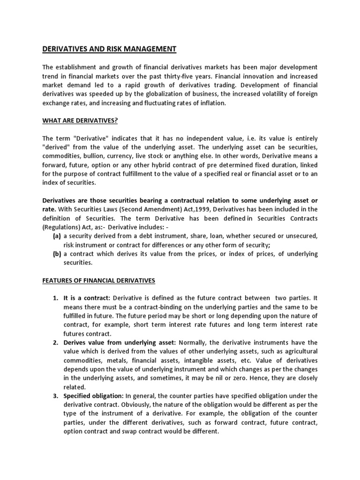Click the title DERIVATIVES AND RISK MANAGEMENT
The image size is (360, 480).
tap(109, 49)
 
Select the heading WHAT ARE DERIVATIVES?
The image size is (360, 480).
tap(80, 120)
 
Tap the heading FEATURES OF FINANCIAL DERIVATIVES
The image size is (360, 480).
tap(98, 280)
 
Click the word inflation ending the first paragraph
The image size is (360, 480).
tap(211, 103)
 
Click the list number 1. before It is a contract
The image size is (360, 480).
tap(55, 298)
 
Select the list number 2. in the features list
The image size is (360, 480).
tap(55, 343)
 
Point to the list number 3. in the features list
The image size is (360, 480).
tap(55, 396)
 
